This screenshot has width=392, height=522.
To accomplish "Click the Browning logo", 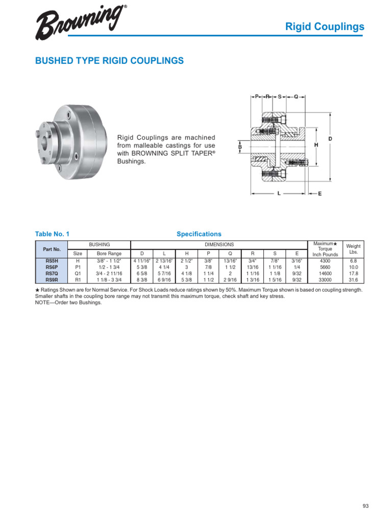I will [x=81, y=23].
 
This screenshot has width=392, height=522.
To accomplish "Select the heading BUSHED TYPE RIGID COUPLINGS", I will [x=109, y=61].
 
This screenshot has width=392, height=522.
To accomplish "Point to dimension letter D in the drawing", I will [x=330, y=139].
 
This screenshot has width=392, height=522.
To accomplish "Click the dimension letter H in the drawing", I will [x=316, y=145].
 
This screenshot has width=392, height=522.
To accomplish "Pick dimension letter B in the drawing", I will [x=239, y=147].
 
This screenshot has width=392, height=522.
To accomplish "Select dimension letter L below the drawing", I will [x=279, y=194].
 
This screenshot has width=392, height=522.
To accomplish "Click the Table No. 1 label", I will [x=52, y=234].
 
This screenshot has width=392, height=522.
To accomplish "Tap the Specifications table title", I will [x=199, y=234].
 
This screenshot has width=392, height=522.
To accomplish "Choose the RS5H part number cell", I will [x=52, y=260].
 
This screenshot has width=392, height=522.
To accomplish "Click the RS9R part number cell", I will [x=52, y=279].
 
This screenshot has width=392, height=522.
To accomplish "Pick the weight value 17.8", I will [x=353, y=273].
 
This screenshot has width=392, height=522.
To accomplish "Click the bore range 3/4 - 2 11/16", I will [x=109, y=273].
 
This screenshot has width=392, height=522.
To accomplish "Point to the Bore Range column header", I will [x=109, y=253].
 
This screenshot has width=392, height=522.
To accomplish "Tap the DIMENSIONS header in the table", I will [x=219, y=245].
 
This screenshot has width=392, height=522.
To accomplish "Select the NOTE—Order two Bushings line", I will [x=68, y=302].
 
